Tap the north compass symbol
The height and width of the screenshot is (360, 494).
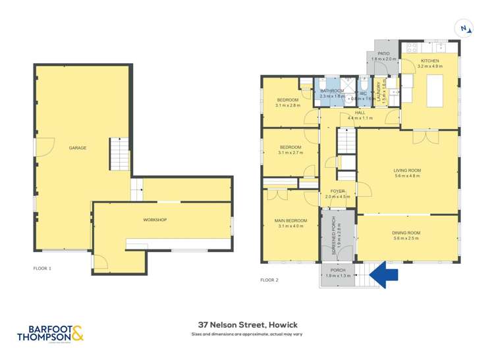pyautogui.click(x=465, y=28)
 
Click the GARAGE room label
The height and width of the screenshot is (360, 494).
pyautogui.click(x=78, y=148)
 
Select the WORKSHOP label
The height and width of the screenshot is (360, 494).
pyautogui.click(x=154, y=219)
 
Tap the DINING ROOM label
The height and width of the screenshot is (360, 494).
pyautogui.click(x=406, y=233)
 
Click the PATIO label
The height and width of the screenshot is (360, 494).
pyautogui.click(x=383, y=53)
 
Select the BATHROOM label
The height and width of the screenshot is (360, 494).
pyautogui.click(x=332, y=91)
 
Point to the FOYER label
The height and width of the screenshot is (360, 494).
pyautogui.click(x=338, y=191)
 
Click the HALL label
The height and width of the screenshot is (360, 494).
pyautogui.click(x=360, y=113)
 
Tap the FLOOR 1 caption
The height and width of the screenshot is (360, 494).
pyautogui.click(x=42, y=269)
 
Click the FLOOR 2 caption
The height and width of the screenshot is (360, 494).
pyautogui.click(x=269, y=280)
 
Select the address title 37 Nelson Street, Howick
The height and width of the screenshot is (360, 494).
pyautogui.click(x=247, y=325)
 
